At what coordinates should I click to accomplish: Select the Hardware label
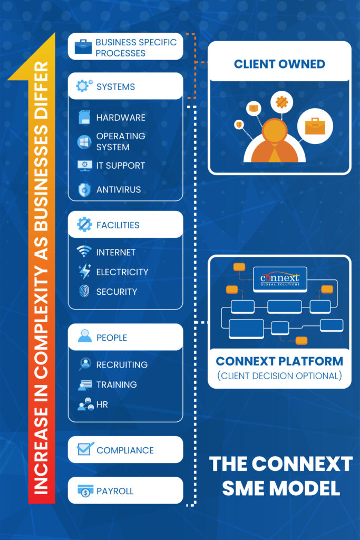click(x=121, y=118)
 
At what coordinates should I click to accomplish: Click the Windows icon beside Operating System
click(x=84, y=141)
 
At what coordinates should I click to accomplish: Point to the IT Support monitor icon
click(x=84, y=166)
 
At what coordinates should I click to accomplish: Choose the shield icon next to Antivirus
click(x=84, y=190)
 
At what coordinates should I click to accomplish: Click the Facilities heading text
click(x=118, y=225)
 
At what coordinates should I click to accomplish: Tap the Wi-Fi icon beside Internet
click(x=84, y=252)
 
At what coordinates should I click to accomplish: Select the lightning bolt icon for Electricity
click(x=84, y=272)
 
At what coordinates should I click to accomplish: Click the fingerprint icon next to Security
click(x=84, y=291)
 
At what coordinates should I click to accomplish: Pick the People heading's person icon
click(x=84, y=336)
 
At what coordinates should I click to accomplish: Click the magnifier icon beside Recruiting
click(x=84, y=364)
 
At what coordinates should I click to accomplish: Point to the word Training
click(x=116, y=385)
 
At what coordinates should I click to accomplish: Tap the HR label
click(x=102, y=404)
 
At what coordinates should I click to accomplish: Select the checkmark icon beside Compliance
click(x=85, y=449)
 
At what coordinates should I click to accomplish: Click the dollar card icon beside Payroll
click(x=84, y=490)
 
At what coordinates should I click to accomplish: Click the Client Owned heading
click(x=279, y=65)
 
